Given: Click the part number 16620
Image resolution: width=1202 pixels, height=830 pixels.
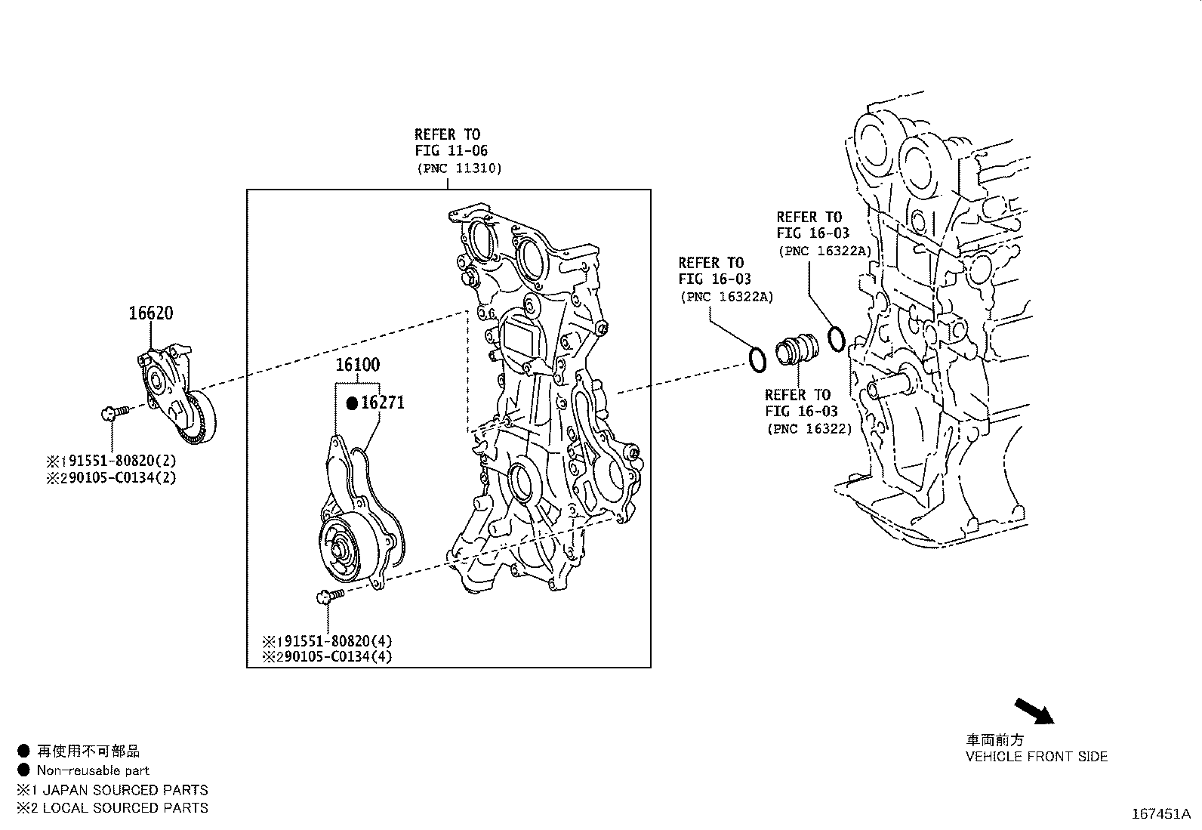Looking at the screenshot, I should click(x=150, y=313).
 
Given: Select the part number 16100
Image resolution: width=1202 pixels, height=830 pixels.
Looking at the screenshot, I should click(x=357, y=365).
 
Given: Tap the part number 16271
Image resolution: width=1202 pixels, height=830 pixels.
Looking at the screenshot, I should click(x=383, y=403).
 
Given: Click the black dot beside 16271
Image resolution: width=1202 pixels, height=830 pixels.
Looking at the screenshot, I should click(x=352, y=403).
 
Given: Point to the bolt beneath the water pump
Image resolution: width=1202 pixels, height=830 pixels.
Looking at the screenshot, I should click(x=328, y=596).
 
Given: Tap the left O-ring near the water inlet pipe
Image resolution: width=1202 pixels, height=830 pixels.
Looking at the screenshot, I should click(x=757, y=359).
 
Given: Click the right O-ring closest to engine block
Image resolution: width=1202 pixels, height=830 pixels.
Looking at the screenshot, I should click(x=836, y=338).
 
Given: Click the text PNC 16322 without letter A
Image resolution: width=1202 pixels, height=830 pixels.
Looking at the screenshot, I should click(x=809, y=429).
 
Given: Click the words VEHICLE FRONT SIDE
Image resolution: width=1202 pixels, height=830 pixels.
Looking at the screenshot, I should click(x=1037, y=756).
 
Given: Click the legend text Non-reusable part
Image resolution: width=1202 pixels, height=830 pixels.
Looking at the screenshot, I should click(x=93, y=770).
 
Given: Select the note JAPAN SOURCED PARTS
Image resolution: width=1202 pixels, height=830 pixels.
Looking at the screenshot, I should click(x=125, y=790).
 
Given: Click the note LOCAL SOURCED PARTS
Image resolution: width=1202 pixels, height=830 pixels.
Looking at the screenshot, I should click(x=125, y=807).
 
